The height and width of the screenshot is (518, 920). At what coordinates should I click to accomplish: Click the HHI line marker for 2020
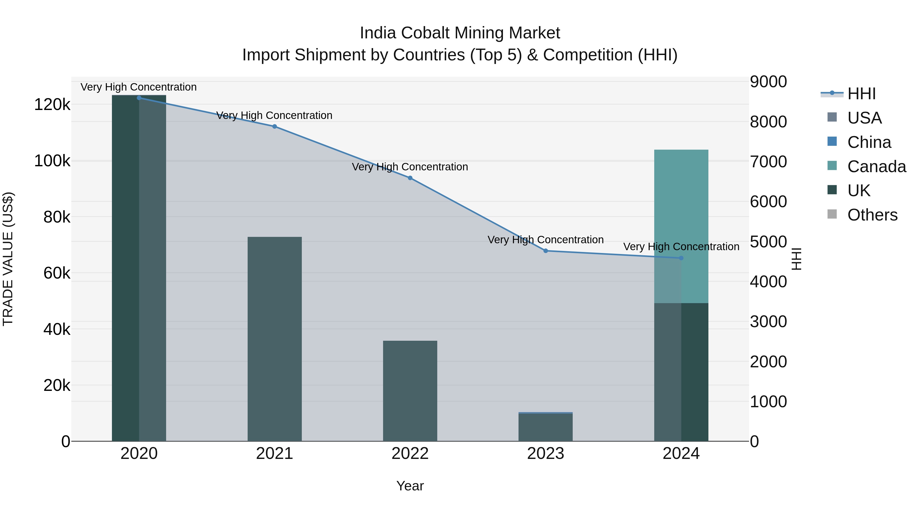[139, 98]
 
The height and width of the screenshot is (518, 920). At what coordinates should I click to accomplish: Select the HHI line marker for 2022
[410, 178]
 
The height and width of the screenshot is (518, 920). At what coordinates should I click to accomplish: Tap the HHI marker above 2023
[545, 251]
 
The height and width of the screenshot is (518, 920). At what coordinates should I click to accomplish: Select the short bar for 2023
[545, 427]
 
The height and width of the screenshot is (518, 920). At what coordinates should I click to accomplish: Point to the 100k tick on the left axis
[52, 161]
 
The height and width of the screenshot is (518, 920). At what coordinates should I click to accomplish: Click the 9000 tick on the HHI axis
[768, 82]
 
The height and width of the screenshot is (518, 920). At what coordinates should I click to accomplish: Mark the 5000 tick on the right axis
[768, 242]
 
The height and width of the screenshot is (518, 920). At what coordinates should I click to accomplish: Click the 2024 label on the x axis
[681, 454]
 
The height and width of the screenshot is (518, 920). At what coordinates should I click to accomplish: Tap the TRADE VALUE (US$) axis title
[8, 259]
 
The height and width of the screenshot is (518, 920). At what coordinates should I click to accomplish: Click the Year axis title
[410, 486]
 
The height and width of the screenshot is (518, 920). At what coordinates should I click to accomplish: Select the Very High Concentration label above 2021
[274, 115]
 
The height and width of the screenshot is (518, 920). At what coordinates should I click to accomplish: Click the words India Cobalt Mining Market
[460, 33]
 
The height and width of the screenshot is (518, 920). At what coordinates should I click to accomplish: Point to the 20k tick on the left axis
[57, 385]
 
